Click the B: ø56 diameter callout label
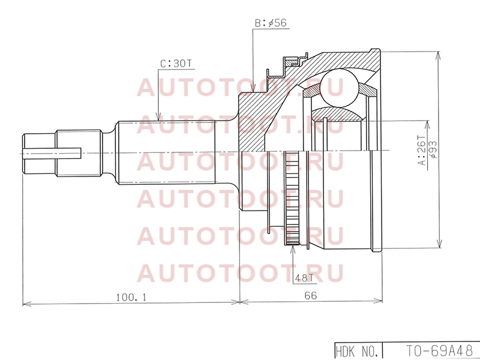click(x=271, y=23)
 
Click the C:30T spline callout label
click(x=175, y=64)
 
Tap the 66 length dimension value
click(x=311, y=295)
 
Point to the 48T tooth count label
click(x=304, y=278)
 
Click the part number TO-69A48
click(x=439, y=351)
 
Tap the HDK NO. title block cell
click(x=358, y=351)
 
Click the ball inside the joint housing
click(x=339, y=88)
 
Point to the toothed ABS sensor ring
click(x=292, y=198)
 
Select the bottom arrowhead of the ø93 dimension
click(x=440, y=243)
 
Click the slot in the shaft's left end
click(x=52, y=154)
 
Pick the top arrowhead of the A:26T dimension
click(x=427, y=125)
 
